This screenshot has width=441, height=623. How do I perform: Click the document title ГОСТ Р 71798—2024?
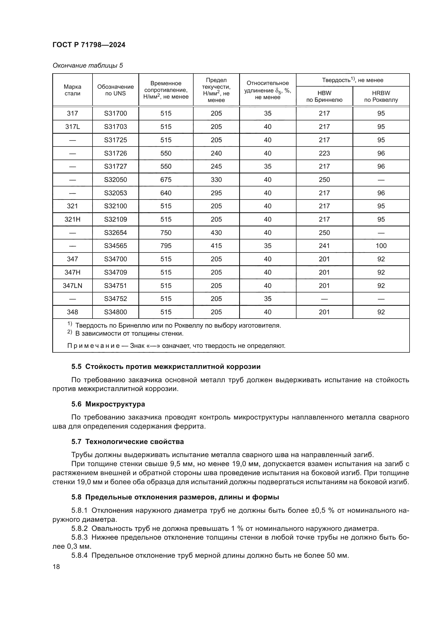click(x=89, y=45)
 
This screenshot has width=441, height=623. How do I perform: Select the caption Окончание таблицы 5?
click(x=88, y=66)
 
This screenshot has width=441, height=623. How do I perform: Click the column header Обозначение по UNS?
click(x=115, y=90)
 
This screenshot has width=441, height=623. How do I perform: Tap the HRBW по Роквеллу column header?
click(x=381, y=96)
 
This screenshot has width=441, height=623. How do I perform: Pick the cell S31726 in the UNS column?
click(x=115, y=153)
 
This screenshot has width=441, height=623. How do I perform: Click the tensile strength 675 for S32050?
click(x=166, y=180)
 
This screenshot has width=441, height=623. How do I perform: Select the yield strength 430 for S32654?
click(x=216, y=233)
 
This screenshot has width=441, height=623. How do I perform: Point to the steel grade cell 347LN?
click(x=72, y=286)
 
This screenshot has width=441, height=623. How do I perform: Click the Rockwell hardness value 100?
click(x=381, y=246)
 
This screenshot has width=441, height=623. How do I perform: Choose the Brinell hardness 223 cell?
click(x=324, y=153)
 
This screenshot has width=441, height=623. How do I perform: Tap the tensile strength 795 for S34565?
click(x=166, y=246)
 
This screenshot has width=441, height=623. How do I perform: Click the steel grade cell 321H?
click(x=72, y=219)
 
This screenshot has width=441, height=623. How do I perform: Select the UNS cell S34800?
click(x=115, y=312)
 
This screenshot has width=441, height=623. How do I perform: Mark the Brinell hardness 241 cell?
click(x=324, y=246)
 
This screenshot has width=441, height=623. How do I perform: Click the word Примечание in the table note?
click(x=93, y=346)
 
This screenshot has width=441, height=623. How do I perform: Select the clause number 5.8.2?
click(x=79, y=534)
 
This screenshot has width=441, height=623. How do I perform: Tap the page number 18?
click(x=56, y=567)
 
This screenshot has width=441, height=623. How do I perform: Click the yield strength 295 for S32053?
click(x=216, y=193)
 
